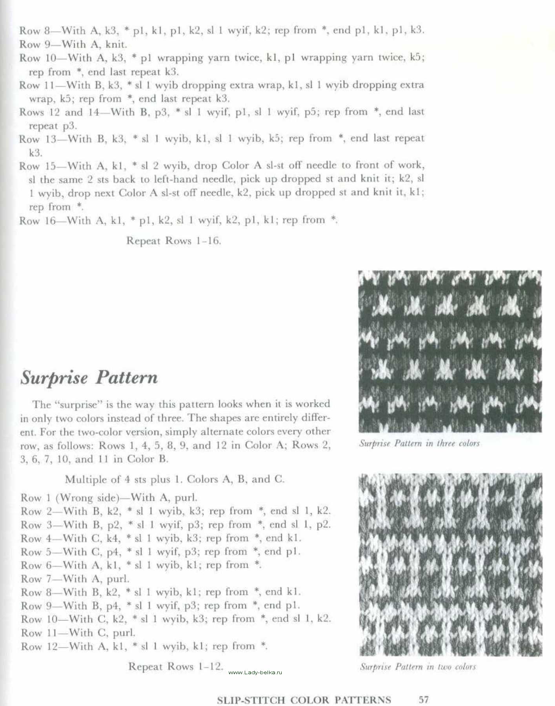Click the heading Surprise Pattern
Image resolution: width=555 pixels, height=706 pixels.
89,377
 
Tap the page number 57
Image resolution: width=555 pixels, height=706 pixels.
424,699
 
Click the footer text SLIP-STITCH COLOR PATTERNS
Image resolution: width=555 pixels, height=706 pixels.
304,700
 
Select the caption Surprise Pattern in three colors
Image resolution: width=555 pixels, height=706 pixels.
419,443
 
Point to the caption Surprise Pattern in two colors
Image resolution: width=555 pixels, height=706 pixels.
418,666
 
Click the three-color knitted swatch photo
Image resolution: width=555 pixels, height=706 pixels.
450,351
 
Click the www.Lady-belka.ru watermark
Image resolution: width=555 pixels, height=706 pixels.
255,672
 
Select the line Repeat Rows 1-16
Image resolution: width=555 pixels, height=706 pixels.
174,240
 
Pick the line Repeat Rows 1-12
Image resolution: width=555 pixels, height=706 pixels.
176,666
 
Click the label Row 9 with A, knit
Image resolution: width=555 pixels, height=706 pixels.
73,44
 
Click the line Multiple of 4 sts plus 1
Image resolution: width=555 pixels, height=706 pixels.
175,479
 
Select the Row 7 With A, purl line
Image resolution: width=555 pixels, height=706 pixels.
75,579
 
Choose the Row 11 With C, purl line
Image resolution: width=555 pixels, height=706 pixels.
78,633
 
